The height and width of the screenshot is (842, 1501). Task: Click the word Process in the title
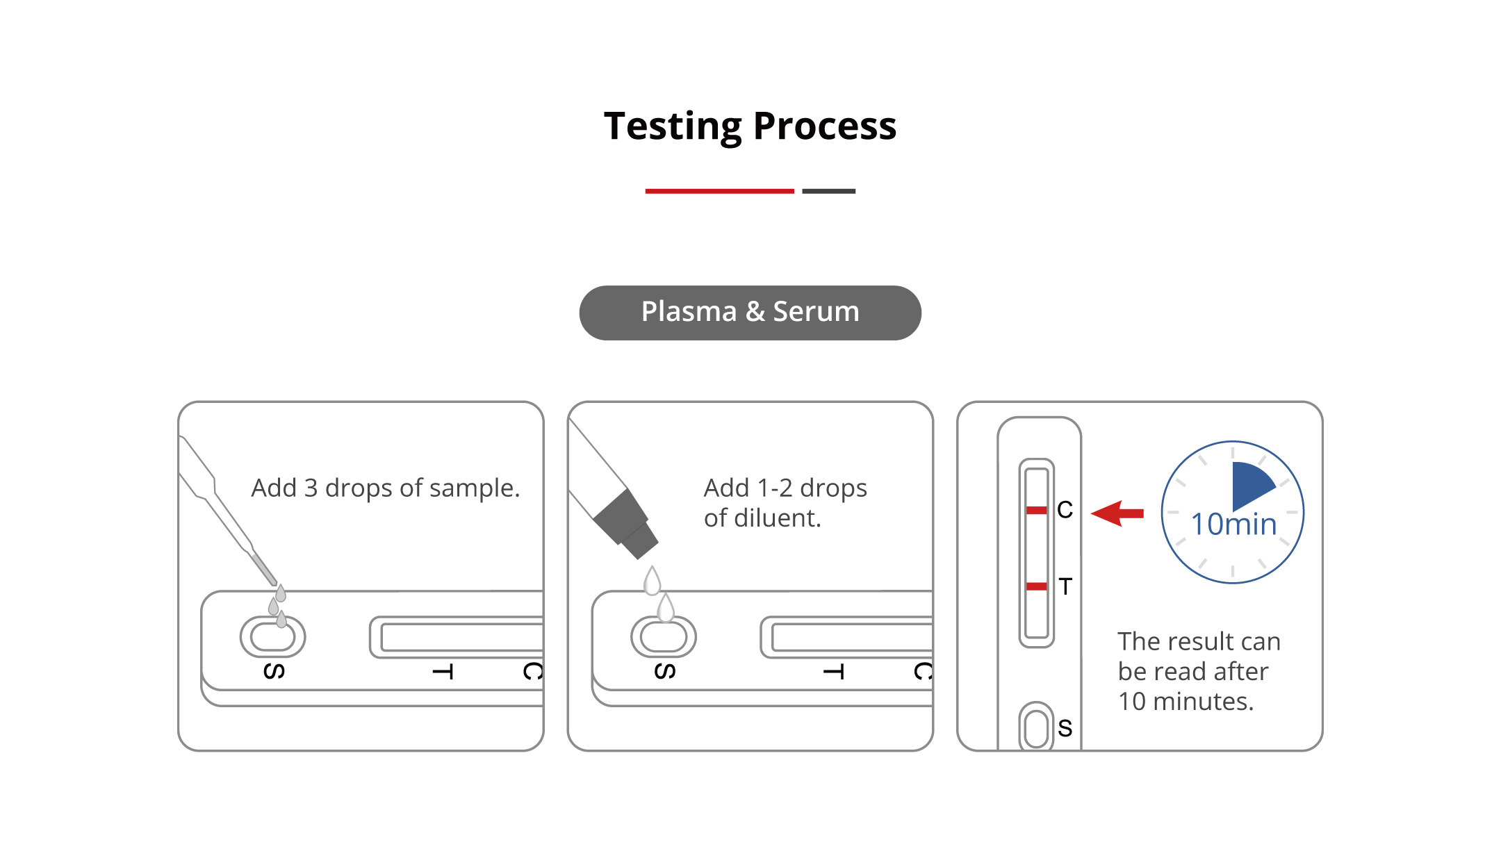[825, 126]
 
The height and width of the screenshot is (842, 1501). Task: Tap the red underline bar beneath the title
[719, 191]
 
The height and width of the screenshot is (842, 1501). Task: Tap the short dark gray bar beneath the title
[828, 191]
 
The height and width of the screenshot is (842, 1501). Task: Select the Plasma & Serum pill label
[750, 313]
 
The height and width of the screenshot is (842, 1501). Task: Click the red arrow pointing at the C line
[1117, 513]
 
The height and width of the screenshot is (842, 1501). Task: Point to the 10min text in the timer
[1233, 525]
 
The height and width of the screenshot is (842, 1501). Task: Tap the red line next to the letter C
[1036, 511]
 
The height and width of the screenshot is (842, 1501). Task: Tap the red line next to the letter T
[1036, 586]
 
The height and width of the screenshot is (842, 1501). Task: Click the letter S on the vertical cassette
[1065, 728]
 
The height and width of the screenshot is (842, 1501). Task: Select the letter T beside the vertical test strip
[1065, 586]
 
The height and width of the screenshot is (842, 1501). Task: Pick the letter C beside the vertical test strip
[1065, 510]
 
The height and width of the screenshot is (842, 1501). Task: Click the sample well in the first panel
[272, 636]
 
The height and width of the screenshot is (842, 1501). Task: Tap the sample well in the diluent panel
[663, 636]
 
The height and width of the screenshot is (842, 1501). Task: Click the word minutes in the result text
[1203, 702]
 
